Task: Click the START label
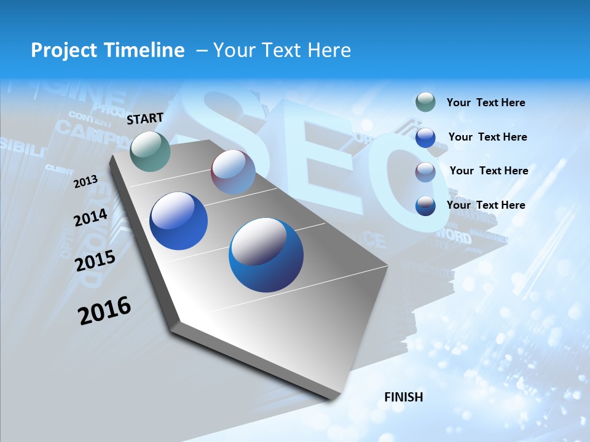click(145, 118)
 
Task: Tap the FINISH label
click(403, 397)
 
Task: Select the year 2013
click(86, 181)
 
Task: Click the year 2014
click(91, 217)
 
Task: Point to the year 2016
click(105, 310)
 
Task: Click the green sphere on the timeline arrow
click(151, 151)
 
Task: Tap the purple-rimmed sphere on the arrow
click(233, 172)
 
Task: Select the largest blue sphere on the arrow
click(266, 255)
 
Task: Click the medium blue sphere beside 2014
click(178, 221)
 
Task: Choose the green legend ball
click(425, 102)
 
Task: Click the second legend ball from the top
click(425, 138)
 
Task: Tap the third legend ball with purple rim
click(425, 171)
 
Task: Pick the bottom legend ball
click(425, 205)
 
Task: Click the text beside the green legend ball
click(486, 103)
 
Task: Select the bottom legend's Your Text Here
click(486, 205)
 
